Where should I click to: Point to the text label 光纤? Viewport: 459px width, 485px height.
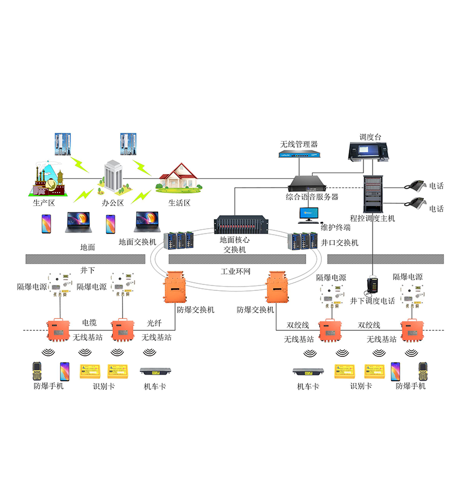pos(155,323)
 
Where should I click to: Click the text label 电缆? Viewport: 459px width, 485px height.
pos(89,323)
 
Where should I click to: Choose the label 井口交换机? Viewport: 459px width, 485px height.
pos(340,243)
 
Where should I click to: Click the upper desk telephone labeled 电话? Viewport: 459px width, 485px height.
pos(417,185)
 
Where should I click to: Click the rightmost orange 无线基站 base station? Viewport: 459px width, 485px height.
pos(413,329)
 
